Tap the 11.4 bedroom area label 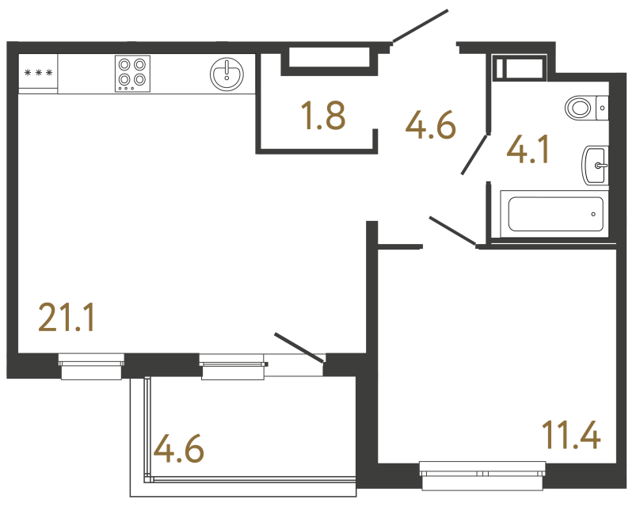point(571,435)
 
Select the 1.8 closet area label point(322,117)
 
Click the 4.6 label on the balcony point(179,449)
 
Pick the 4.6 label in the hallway point(430,124)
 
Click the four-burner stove point(132,72)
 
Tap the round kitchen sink point(227,74)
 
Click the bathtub point(555,214)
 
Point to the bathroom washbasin point(595,165)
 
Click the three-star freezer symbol point(38,74)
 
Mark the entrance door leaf point(420,25)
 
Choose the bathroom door point(474,154)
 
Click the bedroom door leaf point(451,229)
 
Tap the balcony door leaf point(299,349)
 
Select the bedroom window point(482,475)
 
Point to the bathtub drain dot point(594,213)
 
